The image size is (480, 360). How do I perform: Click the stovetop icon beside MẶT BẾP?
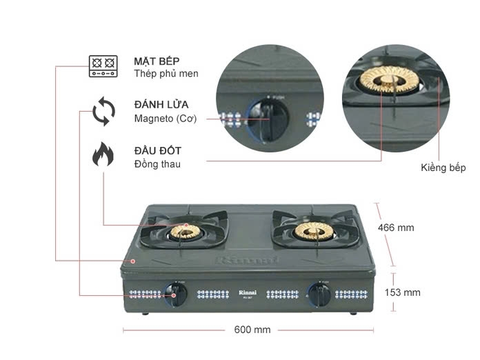click(103, 66)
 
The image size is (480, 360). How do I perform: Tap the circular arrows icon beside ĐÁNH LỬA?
click(103, 112)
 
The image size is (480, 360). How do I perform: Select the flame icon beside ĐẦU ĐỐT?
click(103, 155)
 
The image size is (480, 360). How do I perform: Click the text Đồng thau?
click(158, 164)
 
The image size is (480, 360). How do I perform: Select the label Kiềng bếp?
click(443, 168)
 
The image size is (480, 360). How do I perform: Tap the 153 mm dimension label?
click(402, 292)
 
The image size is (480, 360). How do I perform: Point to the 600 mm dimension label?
click(252, 330)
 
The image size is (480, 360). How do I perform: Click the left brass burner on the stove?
click(185, 231)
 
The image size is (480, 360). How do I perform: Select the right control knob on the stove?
click(318, 294)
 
